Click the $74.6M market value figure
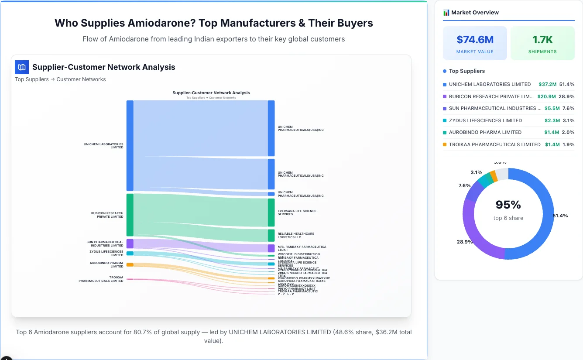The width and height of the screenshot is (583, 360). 475,40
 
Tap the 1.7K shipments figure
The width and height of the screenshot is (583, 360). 542,40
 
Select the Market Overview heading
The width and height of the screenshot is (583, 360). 475,12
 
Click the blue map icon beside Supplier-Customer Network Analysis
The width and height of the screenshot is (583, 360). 22,67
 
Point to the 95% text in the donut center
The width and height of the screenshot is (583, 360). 508,205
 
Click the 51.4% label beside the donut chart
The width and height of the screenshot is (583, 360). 560,216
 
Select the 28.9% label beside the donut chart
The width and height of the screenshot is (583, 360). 465,241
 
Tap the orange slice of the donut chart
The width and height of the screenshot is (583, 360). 494,175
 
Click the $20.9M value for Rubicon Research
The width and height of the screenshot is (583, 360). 546,96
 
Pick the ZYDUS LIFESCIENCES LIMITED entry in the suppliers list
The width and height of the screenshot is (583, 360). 485,120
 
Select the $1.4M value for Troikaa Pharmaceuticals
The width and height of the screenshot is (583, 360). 552,144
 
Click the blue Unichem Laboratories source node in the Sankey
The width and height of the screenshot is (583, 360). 130,145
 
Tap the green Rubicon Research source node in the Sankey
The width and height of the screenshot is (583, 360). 130,215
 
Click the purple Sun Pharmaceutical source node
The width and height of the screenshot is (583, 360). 130,243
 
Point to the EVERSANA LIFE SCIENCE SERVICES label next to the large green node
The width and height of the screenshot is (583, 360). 297,213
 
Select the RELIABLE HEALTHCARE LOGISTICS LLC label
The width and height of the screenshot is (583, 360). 295,235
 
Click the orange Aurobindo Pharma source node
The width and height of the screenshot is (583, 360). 130,264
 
